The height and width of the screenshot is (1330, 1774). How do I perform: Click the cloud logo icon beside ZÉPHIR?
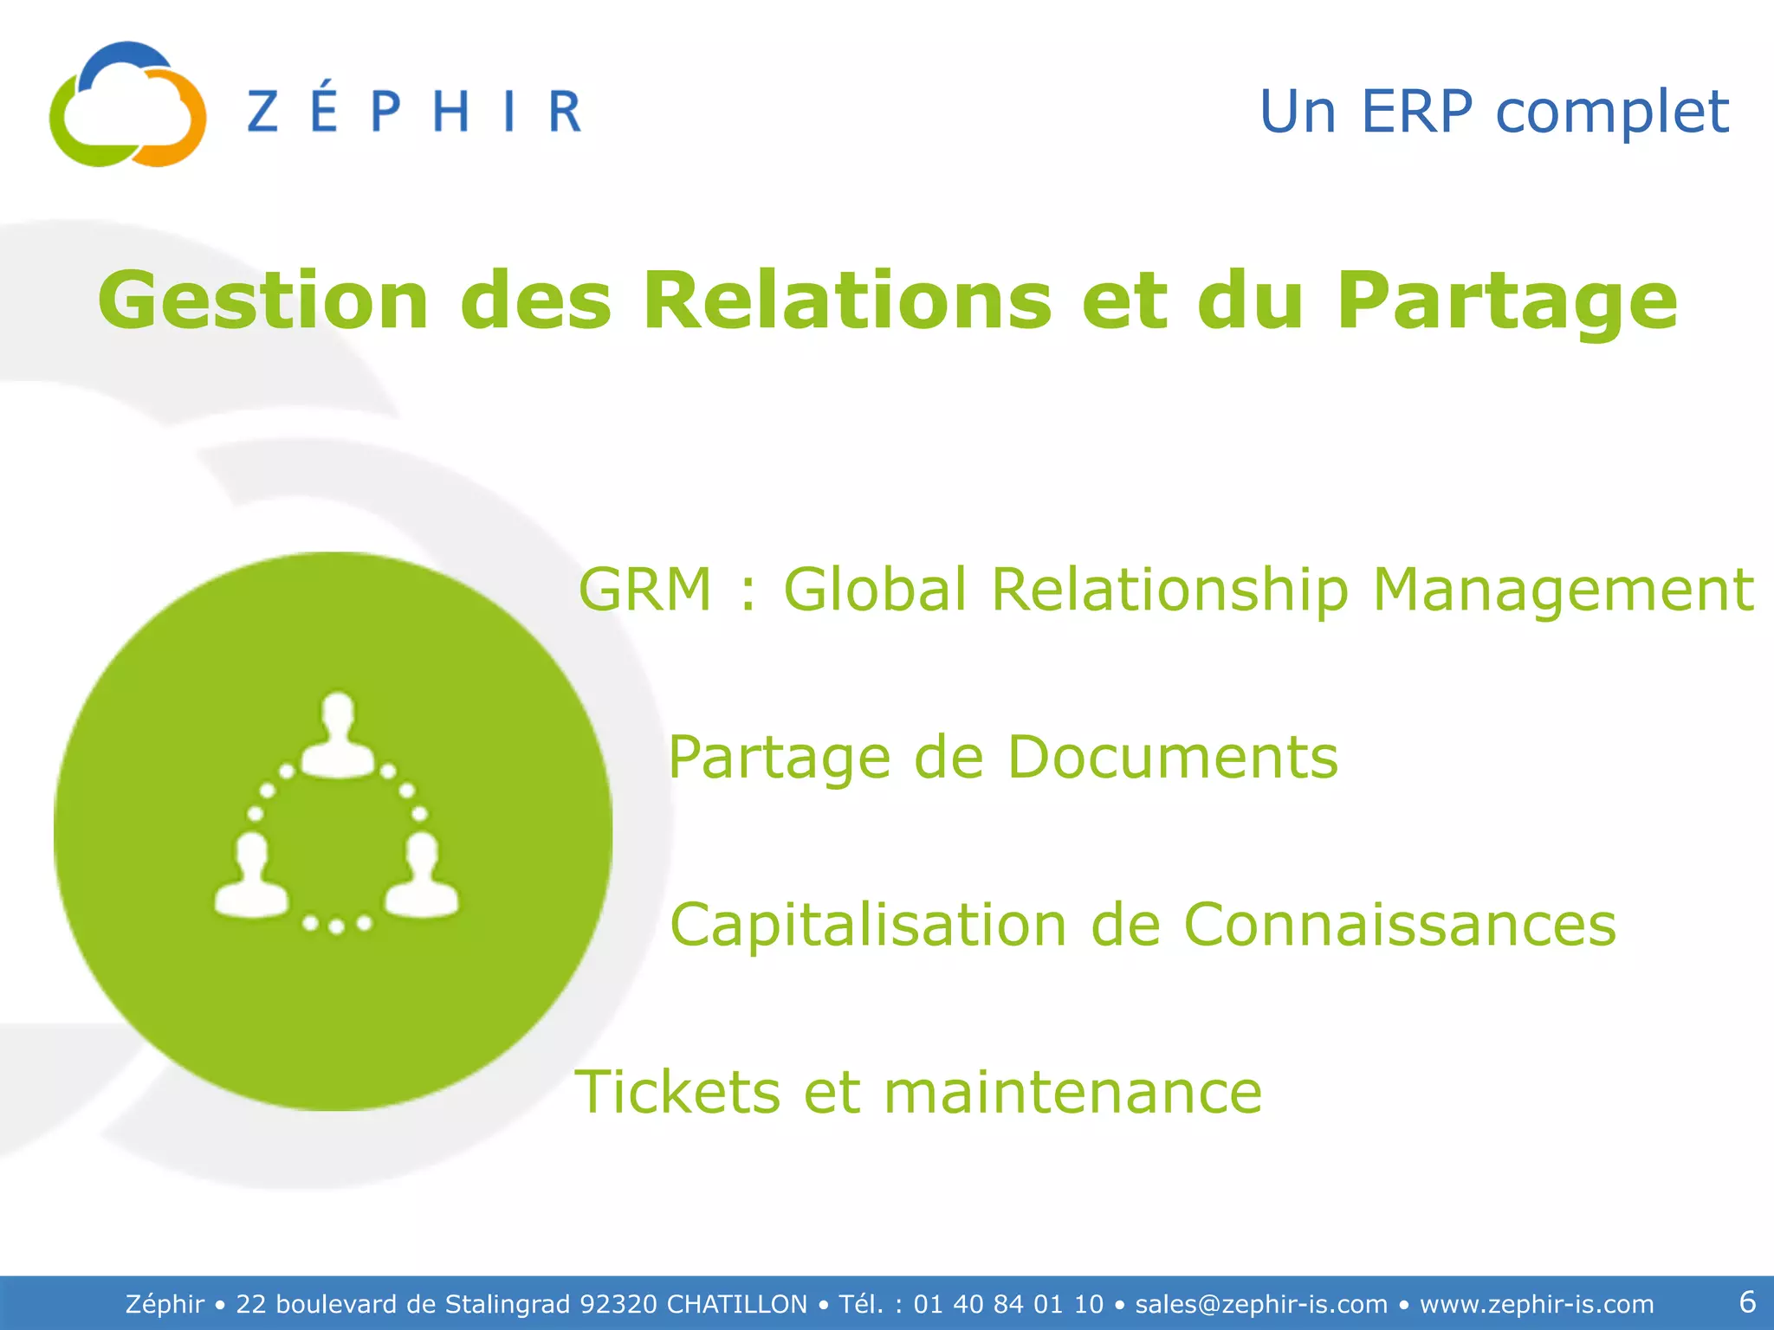coord(127,105)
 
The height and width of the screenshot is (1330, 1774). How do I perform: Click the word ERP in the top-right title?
coord(1416,112)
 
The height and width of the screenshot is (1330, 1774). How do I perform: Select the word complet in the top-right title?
coord(1612,113)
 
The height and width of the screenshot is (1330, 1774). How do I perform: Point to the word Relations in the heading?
coord(846,300)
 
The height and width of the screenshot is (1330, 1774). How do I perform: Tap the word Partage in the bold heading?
coord(1506,302)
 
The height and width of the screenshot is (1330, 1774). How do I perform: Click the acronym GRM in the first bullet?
coord(645,590)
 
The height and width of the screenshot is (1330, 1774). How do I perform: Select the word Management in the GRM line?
coord(1563,590)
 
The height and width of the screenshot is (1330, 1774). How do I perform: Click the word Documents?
coord(1172,758)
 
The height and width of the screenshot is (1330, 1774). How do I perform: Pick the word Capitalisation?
coord(869,925)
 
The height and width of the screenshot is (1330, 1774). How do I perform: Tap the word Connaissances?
coord(1399,925)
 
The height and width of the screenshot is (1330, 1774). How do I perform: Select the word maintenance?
coord(1072,1092)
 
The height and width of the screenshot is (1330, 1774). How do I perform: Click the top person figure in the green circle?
coord(338,736)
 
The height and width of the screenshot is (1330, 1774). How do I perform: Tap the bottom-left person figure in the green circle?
coord(251,876)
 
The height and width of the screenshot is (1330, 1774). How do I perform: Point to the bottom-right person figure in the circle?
coord(422,876)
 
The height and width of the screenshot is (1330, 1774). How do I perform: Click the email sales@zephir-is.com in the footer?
coord(1261,1304)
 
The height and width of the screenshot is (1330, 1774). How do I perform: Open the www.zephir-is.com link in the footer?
coord(1537,1304)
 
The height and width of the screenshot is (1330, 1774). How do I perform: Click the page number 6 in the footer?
coord(1747,1302)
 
